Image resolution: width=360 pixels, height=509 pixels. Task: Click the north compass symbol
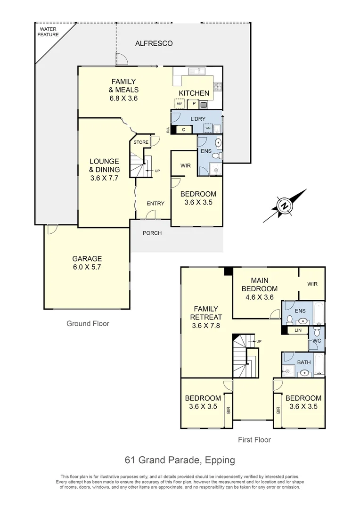(284, 206)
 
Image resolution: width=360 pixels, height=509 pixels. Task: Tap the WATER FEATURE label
(49, 32)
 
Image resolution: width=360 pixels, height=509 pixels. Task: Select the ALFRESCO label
(154, 43)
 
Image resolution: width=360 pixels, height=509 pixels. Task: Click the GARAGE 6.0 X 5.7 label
(87, 263)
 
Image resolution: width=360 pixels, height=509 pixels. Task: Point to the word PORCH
(152, 233)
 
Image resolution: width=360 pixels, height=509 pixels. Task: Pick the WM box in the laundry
(207, 129)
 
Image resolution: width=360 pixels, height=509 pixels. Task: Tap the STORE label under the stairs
(140, 142)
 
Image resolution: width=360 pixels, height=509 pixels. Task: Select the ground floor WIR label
(185, 165)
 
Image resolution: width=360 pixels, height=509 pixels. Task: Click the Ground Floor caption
(88, 323)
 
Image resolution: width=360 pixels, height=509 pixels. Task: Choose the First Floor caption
(254, 440)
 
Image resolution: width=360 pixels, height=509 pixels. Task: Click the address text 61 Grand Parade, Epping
(180, 460)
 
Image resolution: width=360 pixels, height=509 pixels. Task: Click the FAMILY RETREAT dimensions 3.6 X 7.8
(206, 325)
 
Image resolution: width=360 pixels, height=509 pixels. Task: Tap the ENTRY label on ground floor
(155, 203)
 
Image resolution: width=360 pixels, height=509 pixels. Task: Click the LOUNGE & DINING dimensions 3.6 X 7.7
(104, 178)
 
